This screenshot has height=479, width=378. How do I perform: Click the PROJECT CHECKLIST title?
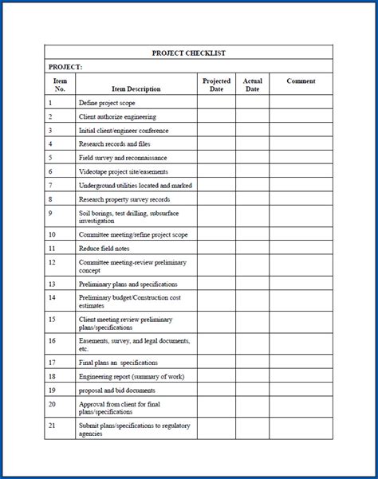[188, 53]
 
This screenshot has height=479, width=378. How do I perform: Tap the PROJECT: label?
[65, 67]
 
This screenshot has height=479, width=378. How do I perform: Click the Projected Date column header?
[216, 84]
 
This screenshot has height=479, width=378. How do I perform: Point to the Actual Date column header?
[252, 84]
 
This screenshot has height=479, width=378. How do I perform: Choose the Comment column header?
[301, 81]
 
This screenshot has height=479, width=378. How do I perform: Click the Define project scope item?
[106, 103]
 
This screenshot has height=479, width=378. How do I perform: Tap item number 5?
[50, 158]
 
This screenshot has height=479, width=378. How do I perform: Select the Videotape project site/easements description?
[124, 171]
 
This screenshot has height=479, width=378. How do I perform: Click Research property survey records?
[124, 199]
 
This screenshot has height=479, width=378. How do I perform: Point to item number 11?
[52, 249]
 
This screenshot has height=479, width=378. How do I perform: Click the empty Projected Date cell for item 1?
[216, 103]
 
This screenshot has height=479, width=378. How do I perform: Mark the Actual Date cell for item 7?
[252, 185]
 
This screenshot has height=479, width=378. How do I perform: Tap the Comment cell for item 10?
[301, 234]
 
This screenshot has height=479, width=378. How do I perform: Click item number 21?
[52, 426]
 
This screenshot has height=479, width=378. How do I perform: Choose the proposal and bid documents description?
[116, 391]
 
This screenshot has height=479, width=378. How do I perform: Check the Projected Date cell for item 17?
[216, 362]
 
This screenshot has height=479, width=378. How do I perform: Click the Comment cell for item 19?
[301, 391]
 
